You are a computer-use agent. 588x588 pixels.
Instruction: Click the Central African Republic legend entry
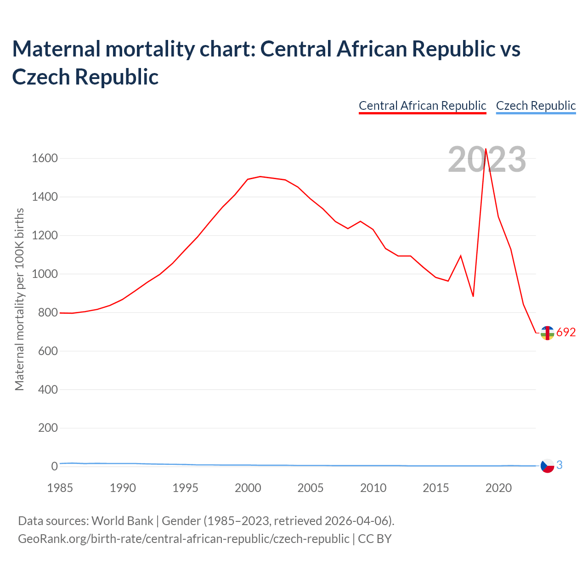(422, 106)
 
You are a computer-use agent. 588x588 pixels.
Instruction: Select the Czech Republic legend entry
(536, 106)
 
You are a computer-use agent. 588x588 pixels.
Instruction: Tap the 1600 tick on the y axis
(45, 158)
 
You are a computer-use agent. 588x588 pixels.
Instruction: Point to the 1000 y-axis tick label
(45, 274)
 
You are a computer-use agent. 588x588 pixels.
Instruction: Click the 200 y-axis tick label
(48, 428)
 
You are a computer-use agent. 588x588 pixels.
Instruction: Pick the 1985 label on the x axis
(60, 488)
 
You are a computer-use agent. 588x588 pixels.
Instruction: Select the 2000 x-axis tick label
(248, 488)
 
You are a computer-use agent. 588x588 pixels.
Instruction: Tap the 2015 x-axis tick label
(435, 488)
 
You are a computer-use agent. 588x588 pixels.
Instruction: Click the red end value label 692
(566, 333)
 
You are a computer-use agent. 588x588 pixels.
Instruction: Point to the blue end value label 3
(560, 465)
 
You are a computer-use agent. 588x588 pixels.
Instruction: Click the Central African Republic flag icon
(547, 333)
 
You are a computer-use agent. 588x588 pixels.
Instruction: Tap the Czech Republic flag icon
(547, 466)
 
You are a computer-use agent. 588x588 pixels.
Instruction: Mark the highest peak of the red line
(486, 149)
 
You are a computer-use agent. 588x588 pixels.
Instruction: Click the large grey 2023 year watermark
(487, 160)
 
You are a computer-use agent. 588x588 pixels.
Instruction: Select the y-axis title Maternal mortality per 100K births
(19, 300)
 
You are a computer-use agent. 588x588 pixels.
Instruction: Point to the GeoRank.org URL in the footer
(183, 538)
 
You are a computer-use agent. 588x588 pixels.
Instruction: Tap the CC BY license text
(375, 538)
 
